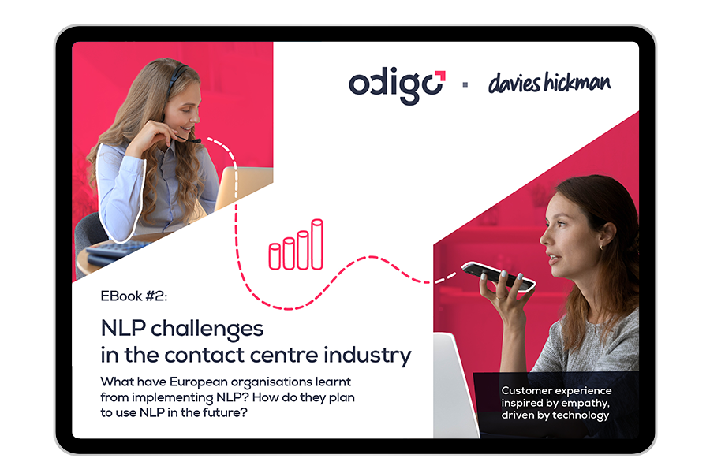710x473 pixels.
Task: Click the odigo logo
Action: pos(397,87)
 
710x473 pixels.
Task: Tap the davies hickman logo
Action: pos(549,83)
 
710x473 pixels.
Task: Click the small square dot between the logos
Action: pos(465,84)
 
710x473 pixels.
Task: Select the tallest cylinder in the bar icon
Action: pos(317,244)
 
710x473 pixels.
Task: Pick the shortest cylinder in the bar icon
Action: pos(275,257)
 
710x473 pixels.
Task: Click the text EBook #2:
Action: pos(134,296)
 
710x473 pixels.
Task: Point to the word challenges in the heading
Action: pos(207,330)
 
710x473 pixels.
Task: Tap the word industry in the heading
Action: pos(367,356)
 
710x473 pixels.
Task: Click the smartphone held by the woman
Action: pos(499,276)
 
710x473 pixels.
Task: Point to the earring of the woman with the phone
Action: pos(601,248)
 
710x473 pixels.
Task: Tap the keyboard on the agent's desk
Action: pos(113,251)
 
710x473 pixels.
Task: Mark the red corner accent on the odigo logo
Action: pos(440,76)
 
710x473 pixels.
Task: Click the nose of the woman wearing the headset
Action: pos(196,117)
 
